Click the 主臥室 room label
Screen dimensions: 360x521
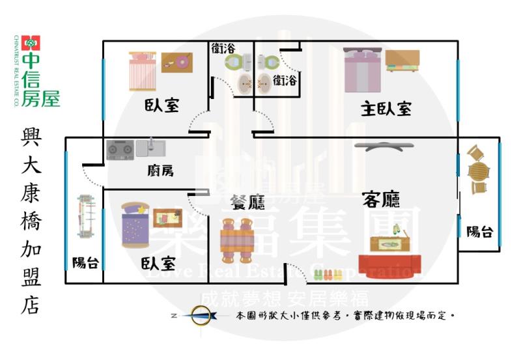(386, 109)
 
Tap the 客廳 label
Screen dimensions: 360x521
(380, 199)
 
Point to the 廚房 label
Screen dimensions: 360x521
(160, 171)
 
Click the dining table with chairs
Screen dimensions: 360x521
(236, 235)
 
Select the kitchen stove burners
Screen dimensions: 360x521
(120, 150)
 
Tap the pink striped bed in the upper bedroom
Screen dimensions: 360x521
(142, 71)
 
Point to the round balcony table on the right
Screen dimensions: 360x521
(479, 171)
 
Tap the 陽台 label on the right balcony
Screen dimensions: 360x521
(479, 230)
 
